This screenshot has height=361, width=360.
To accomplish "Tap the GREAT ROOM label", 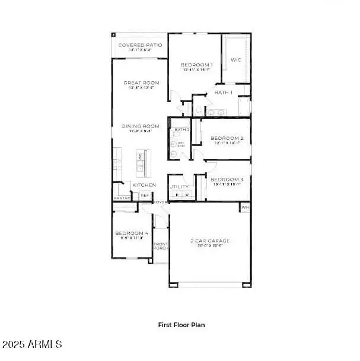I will tap(139, 82).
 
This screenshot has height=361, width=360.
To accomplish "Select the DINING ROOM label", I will tap(140, 126).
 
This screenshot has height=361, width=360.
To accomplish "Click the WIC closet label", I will tap(236, 59).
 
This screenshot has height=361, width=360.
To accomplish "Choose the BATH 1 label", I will tap(223, 92).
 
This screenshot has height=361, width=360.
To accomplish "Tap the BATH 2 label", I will tap(181, 129).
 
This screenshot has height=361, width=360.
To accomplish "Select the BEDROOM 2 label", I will tap(227, 138).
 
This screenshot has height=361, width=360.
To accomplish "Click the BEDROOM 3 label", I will tap(227, 179).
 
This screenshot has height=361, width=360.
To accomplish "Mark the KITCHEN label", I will tap(144, 185).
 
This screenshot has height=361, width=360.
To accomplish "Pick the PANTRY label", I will tap(122, 198).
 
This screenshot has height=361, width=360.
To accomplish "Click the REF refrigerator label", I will tap(145, 194).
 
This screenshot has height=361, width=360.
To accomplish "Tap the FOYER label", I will tap(161, 202).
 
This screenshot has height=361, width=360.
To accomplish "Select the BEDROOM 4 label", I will tap(131, 233).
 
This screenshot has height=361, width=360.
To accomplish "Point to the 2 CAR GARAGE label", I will tap(210, 241).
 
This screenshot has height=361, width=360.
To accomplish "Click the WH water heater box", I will tap(245, 207).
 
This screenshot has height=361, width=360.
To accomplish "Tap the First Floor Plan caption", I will tap(181, 324).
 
